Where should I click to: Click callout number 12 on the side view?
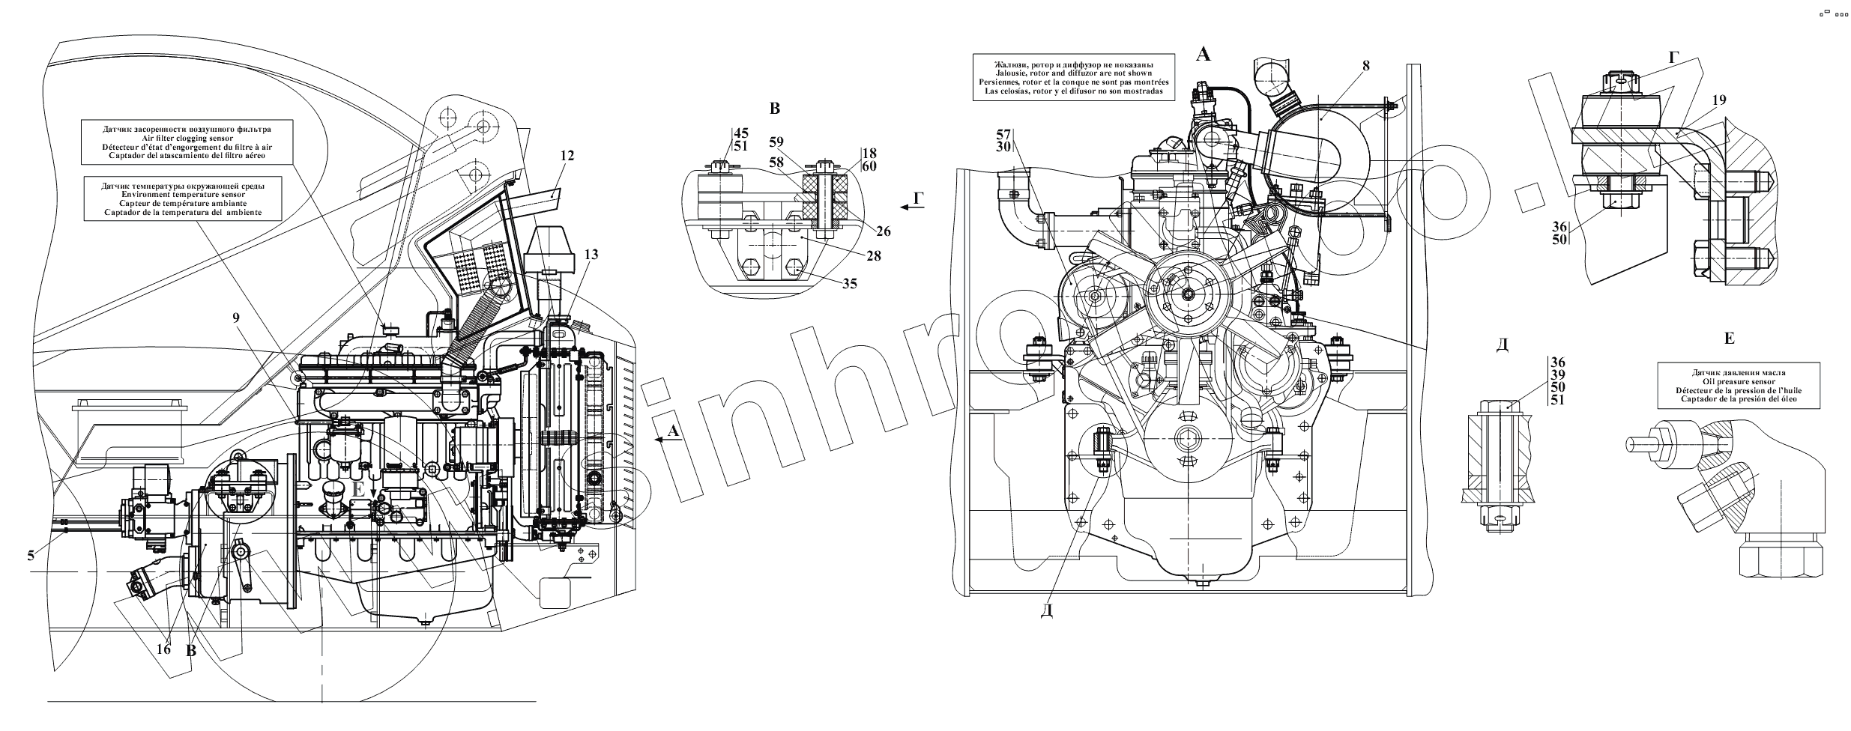pyautogui.click(x=567, y=156)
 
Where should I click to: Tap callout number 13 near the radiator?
pyautogui.click(x=591, y=255)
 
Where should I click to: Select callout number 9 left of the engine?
pyautogui.click(x=236, y=318)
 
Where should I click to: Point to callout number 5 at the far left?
pyautogui.click(x=31, y=555)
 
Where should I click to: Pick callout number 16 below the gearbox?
pyautogui.click(x=163, y=649)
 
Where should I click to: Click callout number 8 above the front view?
pyautogui.click(x=1365, y=66)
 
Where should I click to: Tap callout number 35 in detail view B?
pyautogui.click(x=848, y=284)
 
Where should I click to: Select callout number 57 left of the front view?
pyautogui.click(x=1004, y=135)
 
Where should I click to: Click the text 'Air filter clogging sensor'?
pyautogui.click(x=187, y=138)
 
